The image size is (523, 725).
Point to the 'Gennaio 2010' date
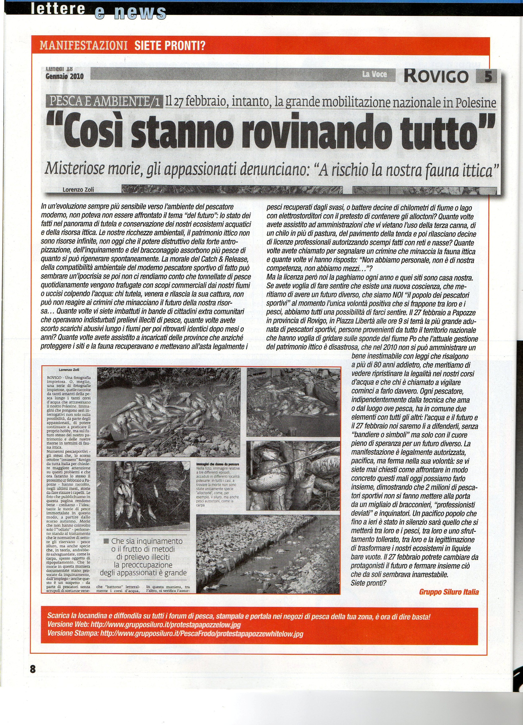65,76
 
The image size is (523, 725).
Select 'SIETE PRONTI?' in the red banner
169,46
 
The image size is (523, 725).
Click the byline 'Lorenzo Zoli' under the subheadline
78,189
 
